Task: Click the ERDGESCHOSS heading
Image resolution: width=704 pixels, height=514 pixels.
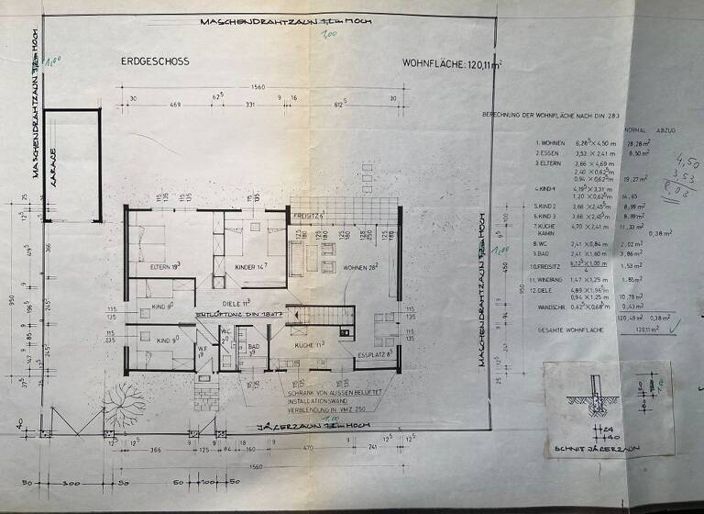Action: pos(154,61)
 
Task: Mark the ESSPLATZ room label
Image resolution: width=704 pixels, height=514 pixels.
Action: pos(376,351)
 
